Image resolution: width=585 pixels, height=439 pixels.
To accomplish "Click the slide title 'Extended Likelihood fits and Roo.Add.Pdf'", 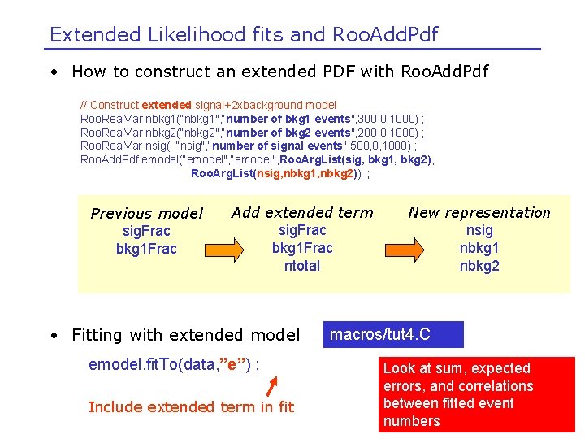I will tap(244, 34).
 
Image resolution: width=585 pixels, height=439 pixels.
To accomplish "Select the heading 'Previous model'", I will tap(146, 214).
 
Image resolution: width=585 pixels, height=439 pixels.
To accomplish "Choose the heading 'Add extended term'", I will tap(302, 213).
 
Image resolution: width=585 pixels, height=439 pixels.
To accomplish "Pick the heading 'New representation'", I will tap(479, 213).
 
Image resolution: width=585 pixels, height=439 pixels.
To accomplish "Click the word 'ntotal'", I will tap(302, 266).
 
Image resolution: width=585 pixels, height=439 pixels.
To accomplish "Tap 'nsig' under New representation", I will tap(479, 231).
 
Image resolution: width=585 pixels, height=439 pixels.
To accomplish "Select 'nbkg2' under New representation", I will tap(479, 266).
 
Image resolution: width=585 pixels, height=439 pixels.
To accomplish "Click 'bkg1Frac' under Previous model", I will tap(146, 249).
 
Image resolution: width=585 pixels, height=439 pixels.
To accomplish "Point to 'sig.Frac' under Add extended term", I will tap(302, 231).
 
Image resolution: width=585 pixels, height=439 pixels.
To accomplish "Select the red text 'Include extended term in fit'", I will tap(191, 406).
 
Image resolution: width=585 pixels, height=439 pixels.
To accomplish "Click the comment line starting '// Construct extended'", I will tap(208, 105).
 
